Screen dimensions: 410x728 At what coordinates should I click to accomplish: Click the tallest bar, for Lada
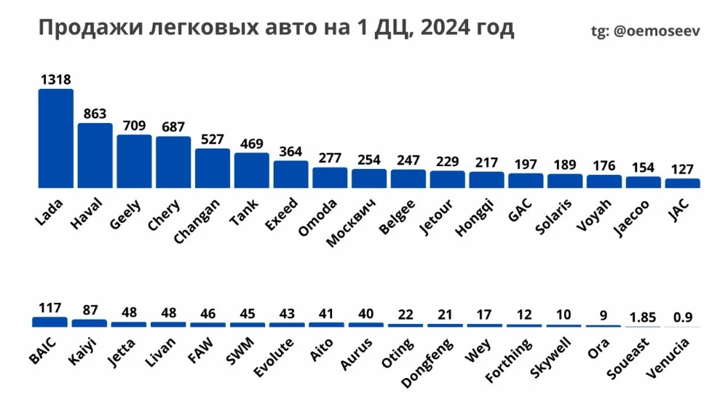click(x=55, y=138)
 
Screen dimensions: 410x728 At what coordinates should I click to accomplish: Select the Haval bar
click(x=95, y=155)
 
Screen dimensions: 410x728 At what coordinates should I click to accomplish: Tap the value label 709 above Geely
click(x=134, y=125)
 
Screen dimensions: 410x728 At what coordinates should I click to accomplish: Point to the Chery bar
click(x=173, y=162)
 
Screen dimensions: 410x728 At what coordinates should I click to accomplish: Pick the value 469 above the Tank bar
click(x=251, y=143)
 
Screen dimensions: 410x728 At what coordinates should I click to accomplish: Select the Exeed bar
click(x=290, y=174)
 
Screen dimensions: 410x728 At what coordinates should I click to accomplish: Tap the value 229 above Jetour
click(x=447, y=161)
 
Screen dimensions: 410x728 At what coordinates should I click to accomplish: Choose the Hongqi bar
click(x=486, y=180)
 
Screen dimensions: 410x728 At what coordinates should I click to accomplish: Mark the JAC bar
click(x=682, y=183)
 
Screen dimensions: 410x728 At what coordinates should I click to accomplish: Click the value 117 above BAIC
click(x=50, y=307)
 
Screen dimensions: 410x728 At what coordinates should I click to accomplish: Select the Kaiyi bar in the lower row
click(x=89, y=322)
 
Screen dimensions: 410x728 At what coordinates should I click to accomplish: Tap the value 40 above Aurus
click(x=365, y=314)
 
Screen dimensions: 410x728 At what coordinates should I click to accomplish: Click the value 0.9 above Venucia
click(x=682, y=317)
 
